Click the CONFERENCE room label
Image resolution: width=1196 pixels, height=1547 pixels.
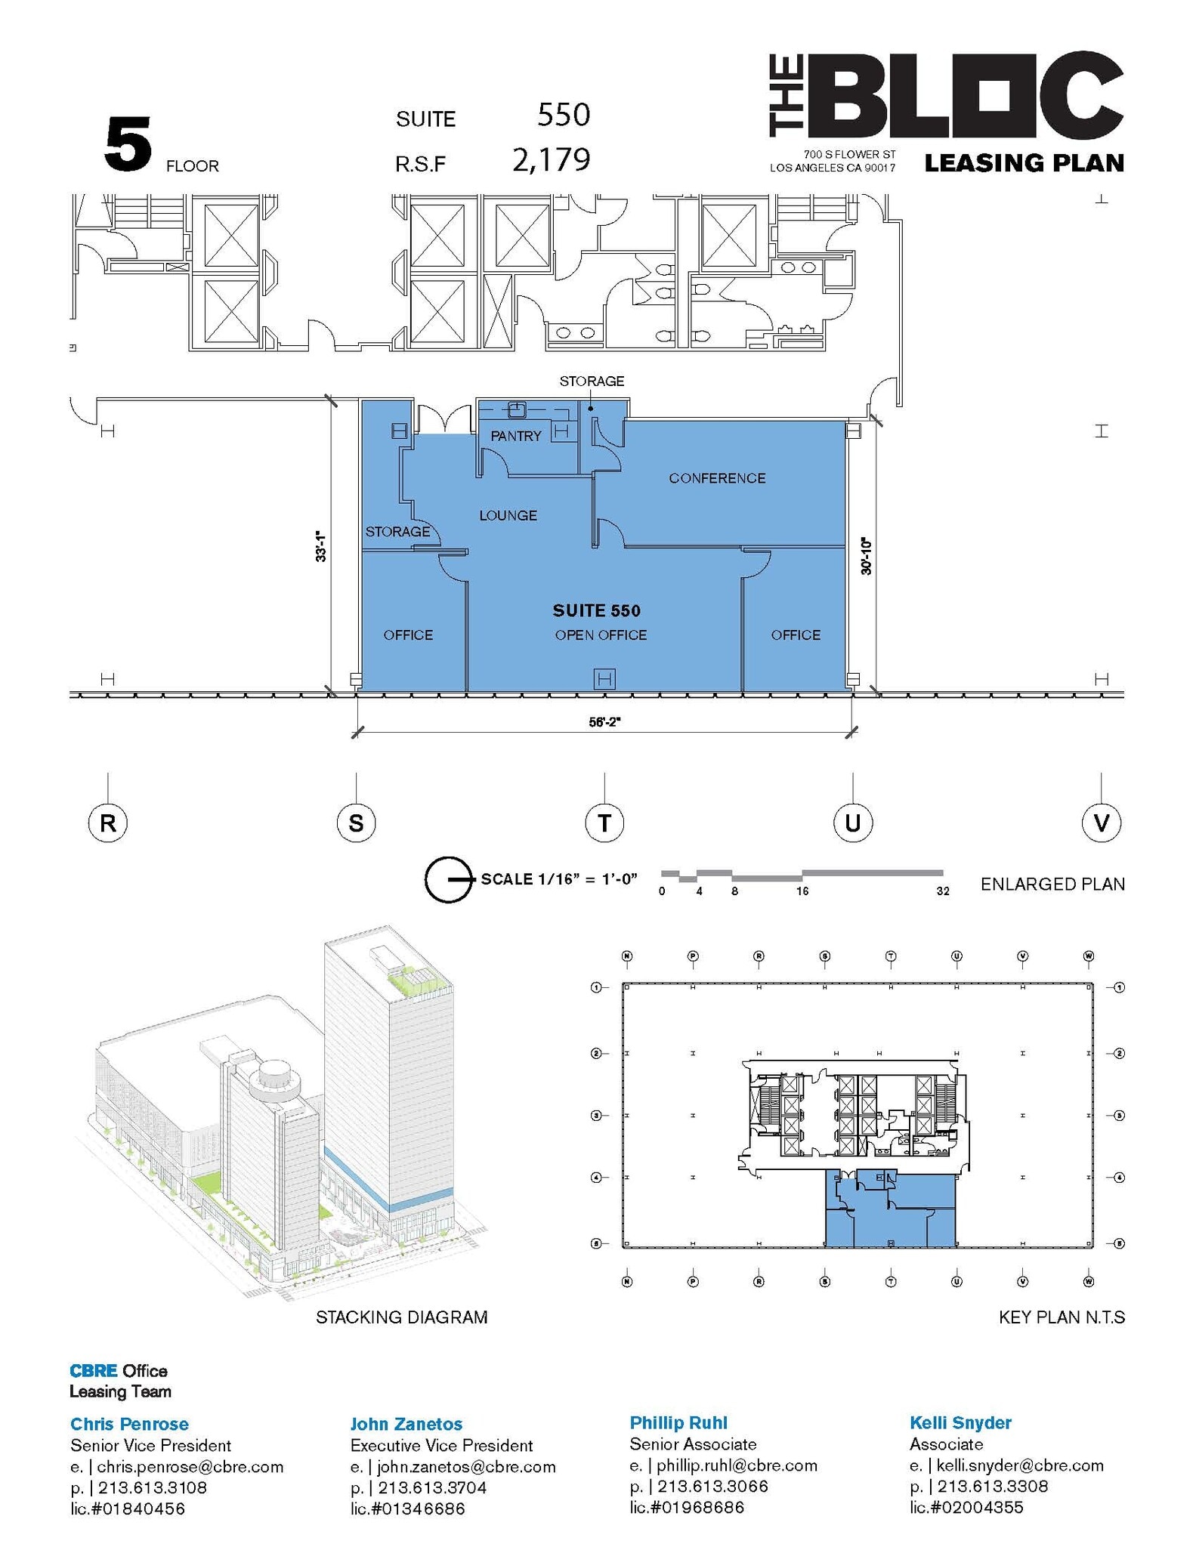[716, 478]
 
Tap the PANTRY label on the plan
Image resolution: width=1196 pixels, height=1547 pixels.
[515, 436]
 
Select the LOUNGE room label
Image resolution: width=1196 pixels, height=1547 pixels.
[508, 515]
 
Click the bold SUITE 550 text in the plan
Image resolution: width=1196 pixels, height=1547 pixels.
[596, 610]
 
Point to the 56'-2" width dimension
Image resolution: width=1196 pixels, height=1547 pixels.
[604, 721]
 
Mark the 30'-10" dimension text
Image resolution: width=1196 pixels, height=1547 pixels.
[866, 557]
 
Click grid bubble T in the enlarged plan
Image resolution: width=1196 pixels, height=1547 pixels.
[604, 822]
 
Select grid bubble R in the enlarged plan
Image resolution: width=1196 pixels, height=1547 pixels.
[108, 822]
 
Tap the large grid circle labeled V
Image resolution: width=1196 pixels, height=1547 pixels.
[1101, 822]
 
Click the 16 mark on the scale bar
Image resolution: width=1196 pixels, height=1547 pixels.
[802, 891]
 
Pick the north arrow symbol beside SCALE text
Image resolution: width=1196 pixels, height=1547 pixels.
[449, 879]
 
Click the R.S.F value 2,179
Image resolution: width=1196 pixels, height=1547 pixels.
[551, 160]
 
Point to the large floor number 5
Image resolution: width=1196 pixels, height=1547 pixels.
[128, 145]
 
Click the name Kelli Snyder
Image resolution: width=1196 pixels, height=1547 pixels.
[960, 1423]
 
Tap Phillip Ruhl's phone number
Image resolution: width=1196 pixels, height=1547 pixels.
[712, 1487]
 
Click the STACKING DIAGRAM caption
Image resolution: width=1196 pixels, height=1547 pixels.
[401, 1317]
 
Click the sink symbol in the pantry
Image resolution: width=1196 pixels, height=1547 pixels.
[517, 409]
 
